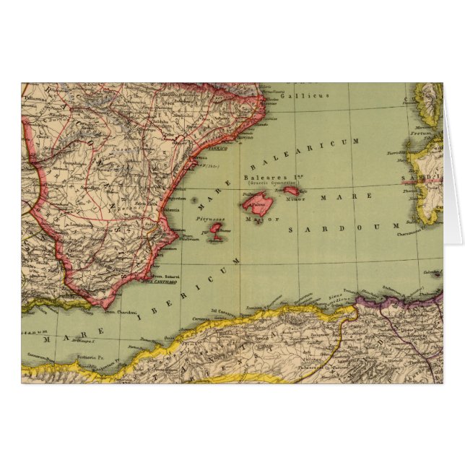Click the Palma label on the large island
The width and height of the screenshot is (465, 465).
click(x=251, y=195)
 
